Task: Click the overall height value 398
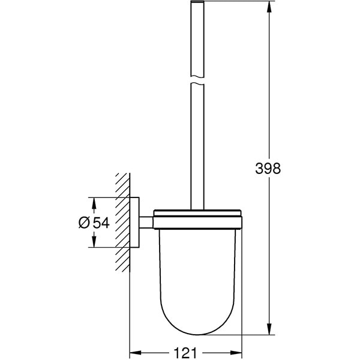pyautogui.click(x=268, y=169)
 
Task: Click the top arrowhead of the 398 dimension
pyautogui.click(x=268, y=5)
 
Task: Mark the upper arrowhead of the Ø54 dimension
pyautogui.click(x=93, y=201)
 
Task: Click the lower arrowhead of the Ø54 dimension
pyautogui.click(x=93, y=243)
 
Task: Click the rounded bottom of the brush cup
pyautogui.click(x=197, y=324)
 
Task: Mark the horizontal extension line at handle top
pyautogui.click(x=240, y=2)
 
